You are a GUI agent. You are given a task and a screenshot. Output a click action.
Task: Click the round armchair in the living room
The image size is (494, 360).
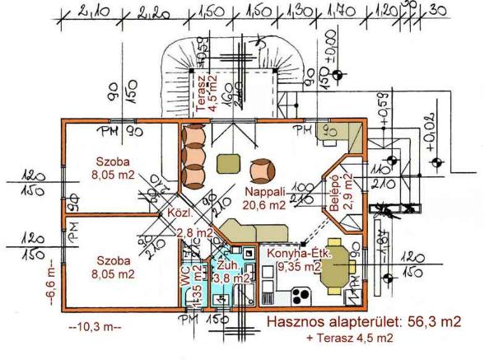point(262,169)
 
